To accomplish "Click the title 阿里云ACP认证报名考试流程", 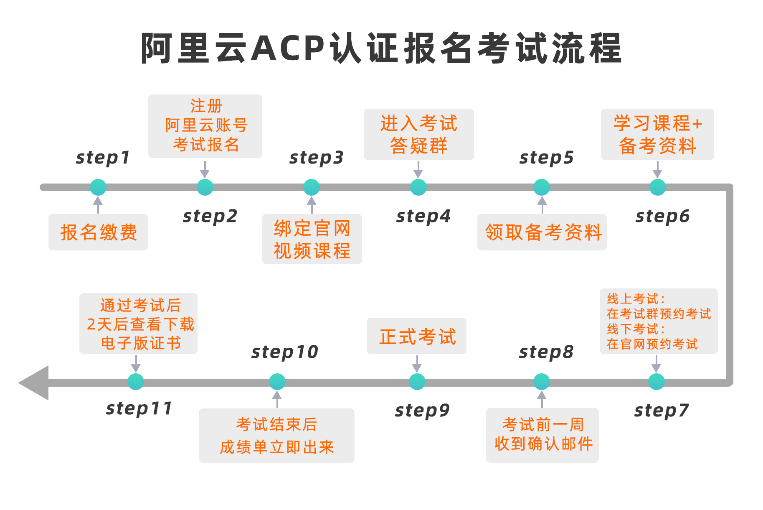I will tap(381, 48).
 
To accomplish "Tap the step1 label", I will tap(103, 158).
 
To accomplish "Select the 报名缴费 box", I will tap(98, 232).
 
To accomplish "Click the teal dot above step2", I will tap(205, 187).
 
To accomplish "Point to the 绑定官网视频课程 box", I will tap(312, 239).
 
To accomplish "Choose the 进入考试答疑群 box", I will tap(418, 134).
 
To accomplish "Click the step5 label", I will tap(546, 158).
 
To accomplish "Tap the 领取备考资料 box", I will tap(542, 232).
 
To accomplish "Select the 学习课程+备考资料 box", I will tap(657, 134).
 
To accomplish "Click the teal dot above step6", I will tap(658, 187).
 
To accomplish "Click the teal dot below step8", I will tap(542, 382).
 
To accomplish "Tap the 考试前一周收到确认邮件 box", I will tap(542, 435).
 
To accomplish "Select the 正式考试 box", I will tap(416, 336).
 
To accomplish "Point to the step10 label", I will tap(285, 352).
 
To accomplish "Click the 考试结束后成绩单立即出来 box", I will tap(276, 435).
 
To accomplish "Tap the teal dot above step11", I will tap(136, 382).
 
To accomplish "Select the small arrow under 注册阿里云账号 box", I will tap(205, 170).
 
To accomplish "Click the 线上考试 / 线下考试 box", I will tap(659, 321).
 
